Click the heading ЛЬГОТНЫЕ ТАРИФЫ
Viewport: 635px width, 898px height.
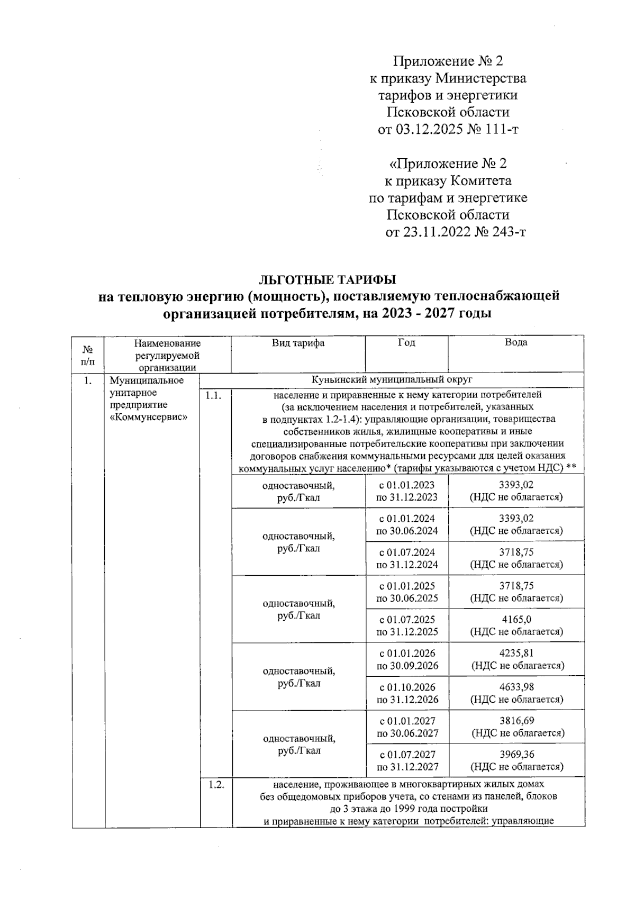(x=326, y=279)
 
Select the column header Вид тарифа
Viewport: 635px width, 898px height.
(x=298, y=343)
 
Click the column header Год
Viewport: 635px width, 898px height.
(x=406, y=342)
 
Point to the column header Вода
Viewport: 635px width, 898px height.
(x=515, y=342)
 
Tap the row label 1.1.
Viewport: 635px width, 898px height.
(x=214, y=395)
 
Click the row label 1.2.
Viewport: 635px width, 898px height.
(x=215, y=785)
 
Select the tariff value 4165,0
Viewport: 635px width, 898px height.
(x=516, y=619)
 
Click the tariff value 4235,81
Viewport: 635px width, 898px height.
(x=516, y=653)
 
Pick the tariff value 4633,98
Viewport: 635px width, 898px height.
(x=516, y=687)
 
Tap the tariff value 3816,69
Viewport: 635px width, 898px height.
(x=516, y=721)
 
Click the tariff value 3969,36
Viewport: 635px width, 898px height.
(x=516, y=755)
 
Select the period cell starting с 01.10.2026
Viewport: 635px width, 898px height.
(x=407, y=693)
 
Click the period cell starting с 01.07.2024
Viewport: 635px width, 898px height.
(x=407, y=558)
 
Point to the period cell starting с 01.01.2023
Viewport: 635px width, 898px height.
(x=407, y=491)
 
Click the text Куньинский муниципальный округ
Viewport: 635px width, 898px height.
(x=392, y=380)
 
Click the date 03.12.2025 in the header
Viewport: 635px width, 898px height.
(x=429, y=129)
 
